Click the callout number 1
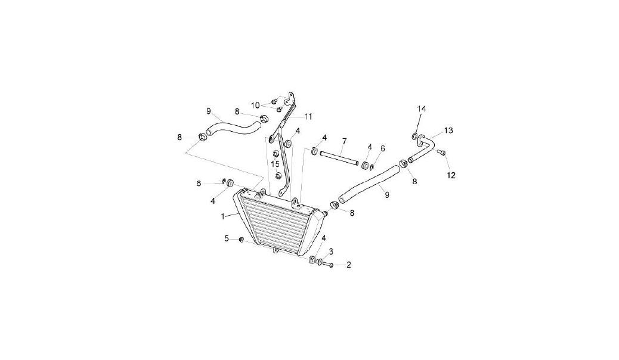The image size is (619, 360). (223, 216)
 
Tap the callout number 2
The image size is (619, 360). (349, 265)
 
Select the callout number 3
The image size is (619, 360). (331, 251)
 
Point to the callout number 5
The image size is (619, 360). (227, 238)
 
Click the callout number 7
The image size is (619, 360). (344, 141)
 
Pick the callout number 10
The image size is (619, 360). (255, 105)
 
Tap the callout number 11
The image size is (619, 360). (308, 116)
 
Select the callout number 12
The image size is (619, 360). (451, 175)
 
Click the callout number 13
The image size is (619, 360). (448, 131)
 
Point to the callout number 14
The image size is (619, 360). (422, 109)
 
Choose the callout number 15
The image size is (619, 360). (275, 163)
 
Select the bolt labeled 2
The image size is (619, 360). (329, 265)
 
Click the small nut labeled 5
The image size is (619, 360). (241, 240)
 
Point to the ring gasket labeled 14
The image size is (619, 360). (415, 136)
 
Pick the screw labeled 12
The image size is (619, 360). (441, 153)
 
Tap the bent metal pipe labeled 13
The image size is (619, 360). (422, 148)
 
